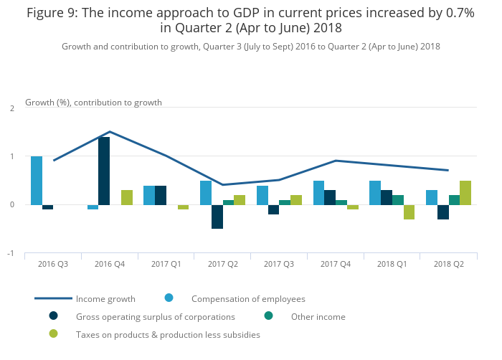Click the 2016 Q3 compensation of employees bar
(37, 180)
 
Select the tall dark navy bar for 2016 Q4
(104, 171)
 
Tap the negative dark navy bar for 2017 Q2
(217, 217)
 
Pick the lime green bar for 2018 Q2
(465, 192)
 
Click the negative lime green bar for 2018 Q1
(409, 212)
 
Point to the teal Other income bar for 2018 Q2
(454, 199)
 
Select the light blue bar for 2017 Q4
(318, 192)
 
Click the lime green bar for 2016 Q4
(127, 197)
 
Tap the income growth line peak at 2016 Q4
(110, 131)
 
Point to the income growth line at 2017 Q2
(222, 185)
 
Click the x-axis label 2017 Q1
(166, 265)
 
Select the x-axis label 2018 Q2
(448, 265)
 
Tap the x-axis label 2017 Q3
(279, 265)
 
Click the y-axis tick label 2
(12, 108)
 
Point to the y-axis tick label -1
(11, 253)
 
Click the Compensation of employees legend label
(248, 298)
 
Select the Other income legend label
(318, 316)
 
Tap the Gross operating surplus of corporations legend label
(155, 316)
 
